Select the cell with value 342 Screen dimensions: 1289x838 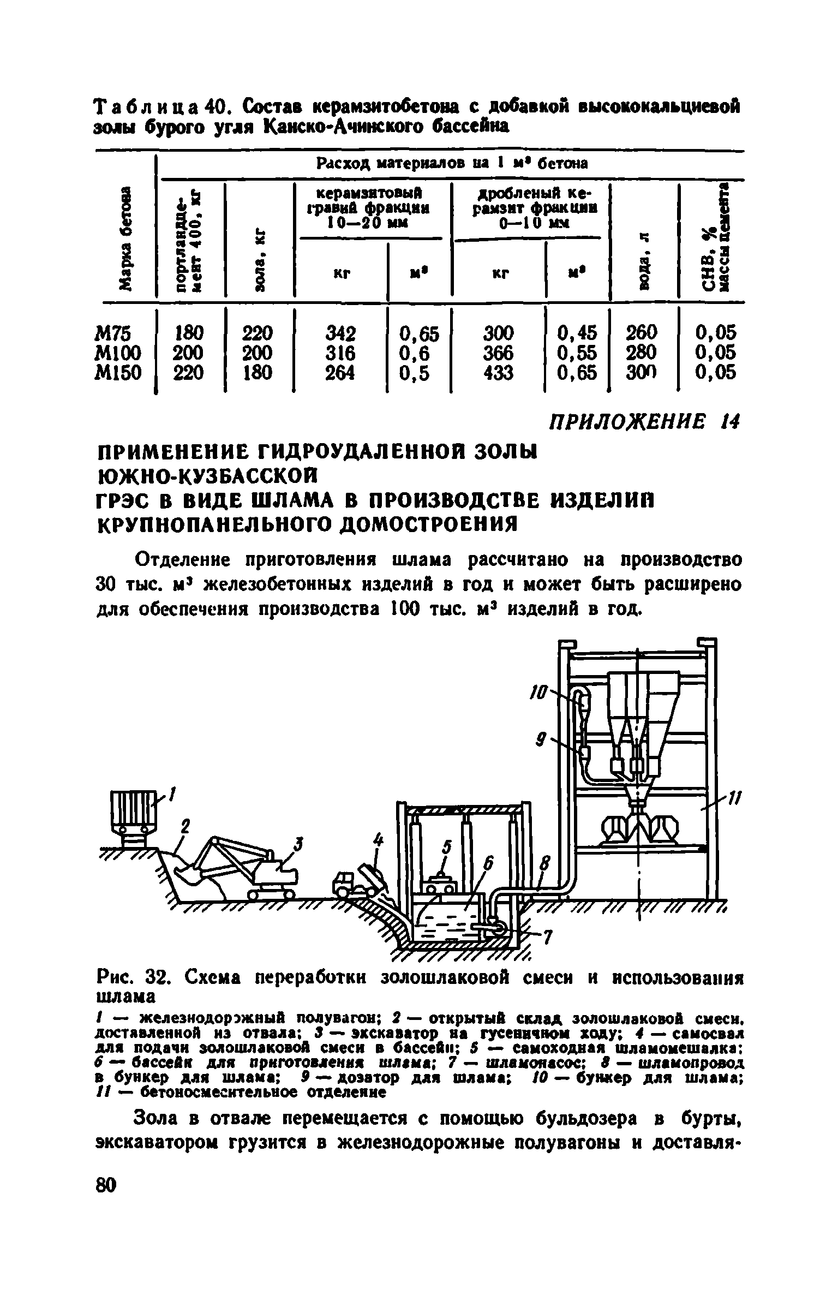tap(340, 333)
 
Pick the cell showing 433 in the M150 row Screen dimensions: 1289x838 tap(498, 373)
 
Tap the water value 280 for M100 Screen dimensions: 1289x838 tap(642, 353)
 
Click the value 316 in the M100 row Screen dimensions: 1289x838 tap(340, 353)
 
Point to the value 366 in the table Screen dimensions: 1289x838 tap(498, 353)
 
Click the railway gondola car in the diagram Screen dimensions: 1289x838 tap(133, 813)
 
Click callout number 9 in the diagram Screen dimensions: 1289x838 tap(540, 741)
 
